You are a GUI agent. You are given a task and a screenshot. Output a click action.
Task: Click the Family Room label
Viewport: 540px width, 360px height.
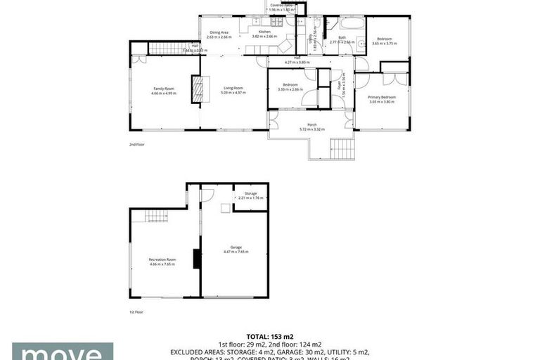[165, 89]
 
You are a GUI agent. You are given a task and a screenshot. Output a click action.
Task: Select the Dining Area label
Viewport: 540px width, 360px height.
[217, 32]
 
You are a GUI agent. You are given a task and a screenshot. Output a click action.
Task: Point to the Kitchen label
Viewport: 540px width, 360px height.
[264, 32]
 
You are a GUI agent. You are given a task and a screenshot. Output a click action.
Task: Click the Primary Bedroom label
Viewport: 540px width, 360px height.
[382, 97]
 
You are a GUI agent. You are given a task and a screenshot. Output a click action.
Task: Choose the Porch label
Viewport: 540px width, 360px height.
[312, 124]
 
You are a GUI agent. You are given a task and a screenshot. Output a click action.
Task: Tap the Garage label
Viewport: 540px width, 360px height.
[236, 247]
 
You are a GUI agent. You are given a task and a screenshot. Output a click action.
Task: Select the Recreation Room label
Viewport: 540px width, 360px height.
[162, 259]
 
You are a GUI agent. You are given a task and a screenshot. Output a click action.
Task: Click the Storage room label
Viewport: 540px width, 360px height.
[250, 193]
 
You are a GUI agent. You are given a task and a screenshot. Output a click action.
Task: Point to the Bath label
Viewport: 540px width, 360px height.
[342, 38]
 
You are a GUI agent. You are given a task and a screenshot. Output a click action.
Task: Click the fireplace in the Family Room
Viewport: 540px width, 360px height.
[197, 90]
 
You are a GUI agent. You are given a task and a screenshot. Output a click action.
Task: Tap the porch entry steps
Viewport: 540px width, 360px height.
[342, 148]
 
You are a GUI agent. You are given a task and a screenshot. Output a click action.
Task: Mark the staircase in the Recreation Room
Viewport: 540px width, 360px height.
[157, 217]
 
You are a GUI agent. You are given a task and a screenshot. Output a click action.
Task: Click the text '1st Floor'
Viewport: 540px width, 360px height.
[136, 311]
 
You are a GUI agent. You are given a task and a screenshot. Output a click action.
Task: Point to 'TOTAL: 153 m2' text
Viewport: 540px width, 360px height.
[270, 336]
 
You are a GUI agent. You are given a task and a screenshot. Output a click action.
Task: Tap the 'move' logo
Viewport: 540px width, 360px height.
[63, 352]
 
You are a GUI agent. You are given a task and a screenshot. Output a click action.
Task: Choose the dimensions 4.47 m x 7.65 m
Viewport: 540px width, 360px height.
[236, 251]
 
